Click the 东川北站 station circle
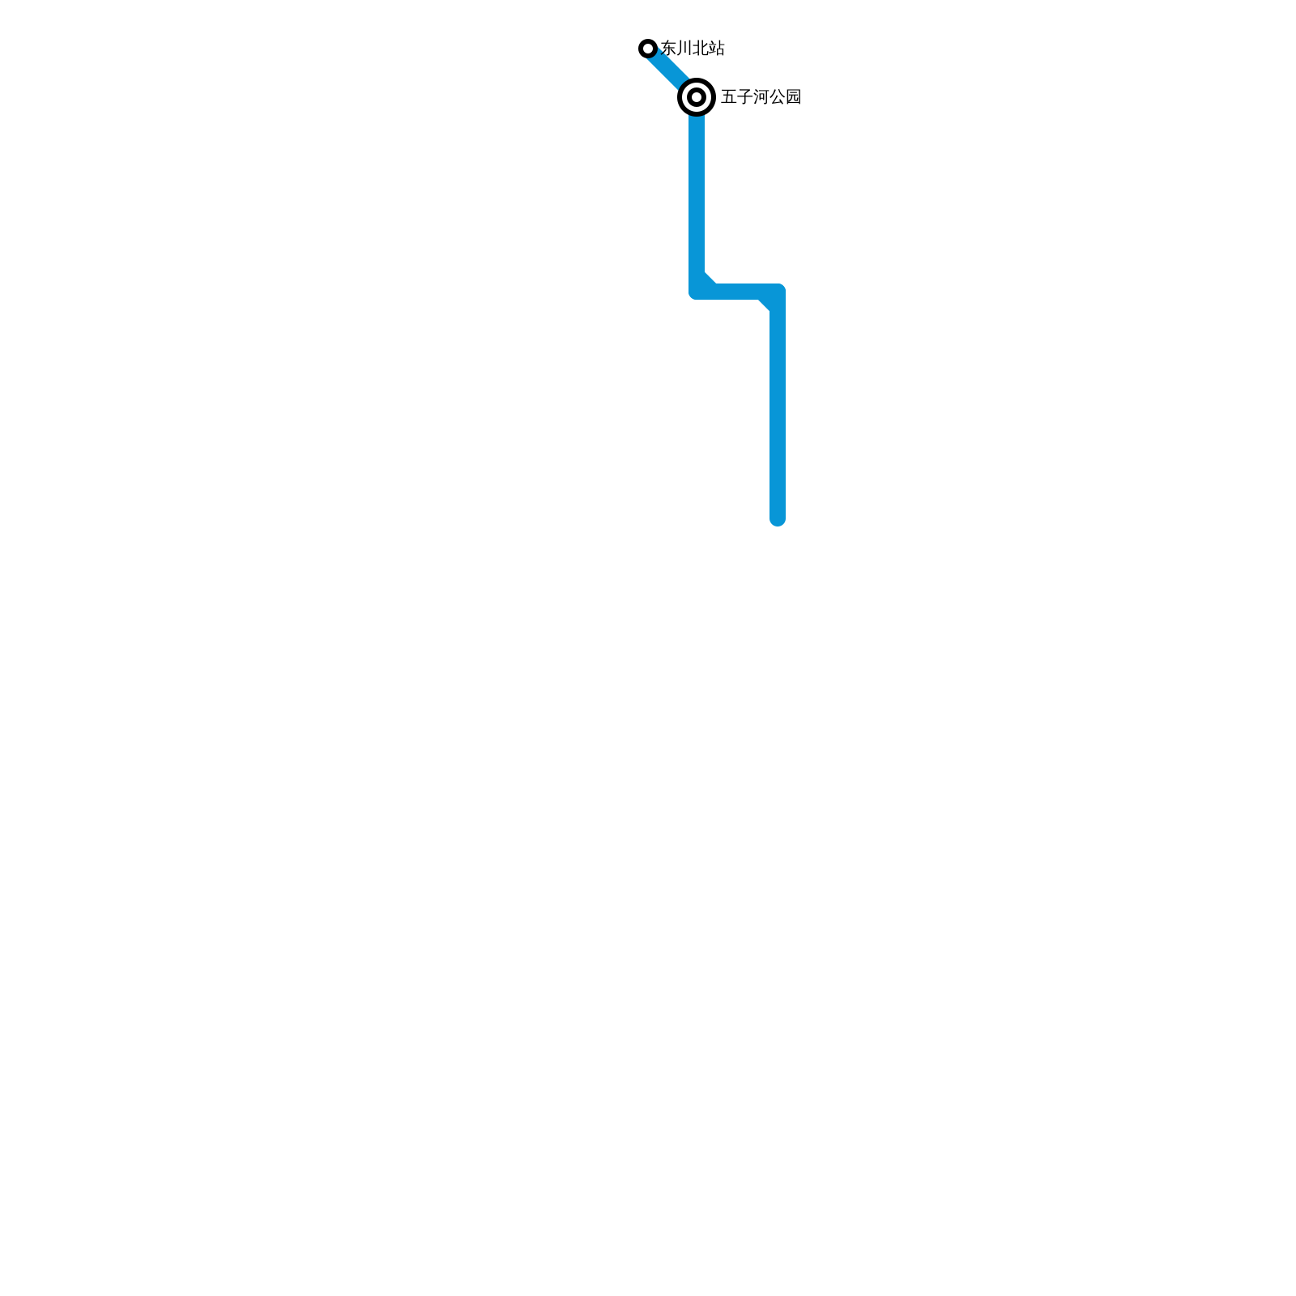click(x=647, y=49)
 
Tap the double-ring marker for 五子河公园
click(x=696, y=97)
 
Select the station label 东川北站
click(x=693, y=49)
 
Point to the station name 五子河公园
click(x=761, y=97)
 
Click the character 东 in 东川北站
click(x=669, y=49)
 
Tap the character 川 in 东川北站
click(x=684, y=49)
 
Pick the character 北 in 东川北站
click(x=701, y=49)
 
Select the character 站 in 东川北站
click(x=717, y=49)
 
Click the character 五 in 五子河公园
click(x=729, y=97)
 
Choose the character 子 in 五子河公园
click(x=744, y=97)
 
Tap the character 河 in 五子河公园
click(x=761, y=97)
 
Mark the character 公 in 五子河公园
click(x=777, y=97)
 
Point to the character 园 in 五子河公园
click(x=793, y=97)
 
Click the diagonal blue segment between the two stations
click(x=669, y=70)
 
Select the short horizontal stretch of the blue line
click(x=737, y=292)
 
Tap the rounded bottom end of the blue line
click(x=778, y=520)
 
